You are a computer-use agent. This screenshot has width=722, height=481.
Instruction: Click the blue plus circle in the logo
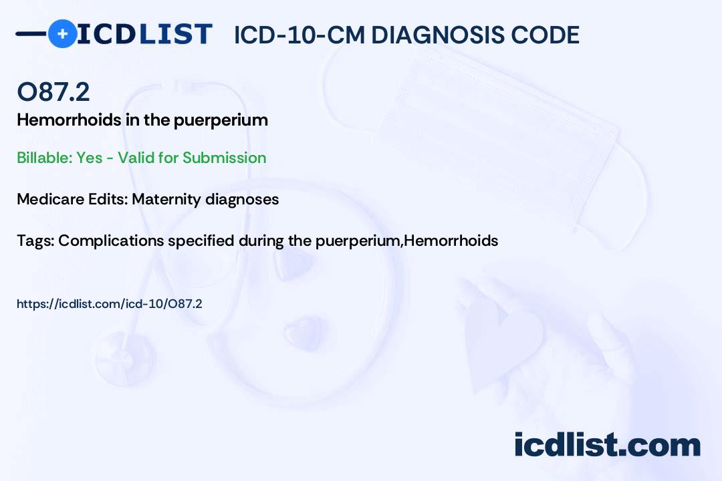tap(62, 33)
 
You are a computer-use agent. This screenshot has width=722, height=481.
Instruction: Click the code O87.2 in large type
tap(53, 92)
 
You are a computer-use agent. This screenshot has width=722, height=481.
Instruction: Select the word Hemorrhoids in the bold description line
tap(69, 120)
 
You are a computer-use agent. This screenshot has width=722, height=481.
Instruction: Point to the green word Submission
tap(224, 158)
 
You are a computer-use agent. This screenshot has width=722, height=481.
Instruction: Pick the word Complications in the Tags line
tap(111, 241)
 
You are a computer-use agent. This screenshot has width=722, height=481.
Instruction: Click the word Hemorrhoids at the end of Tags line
tap(451, 240)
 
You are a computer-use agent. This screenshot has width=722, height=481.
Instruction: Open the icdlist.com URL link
tap(110, 304)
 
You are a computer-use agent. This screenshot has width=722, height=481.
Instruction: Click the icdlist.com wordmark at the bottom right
tap(607, 444)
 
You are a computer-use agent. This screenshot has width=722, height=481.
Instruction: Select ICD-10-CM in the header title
tap(299, 35)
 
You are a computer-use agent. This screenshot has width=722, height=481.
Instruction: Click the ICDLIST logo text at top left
tap(144, 34)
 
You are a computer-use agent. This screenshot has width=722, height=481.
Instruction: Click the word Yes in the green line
tap(90, 158)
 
